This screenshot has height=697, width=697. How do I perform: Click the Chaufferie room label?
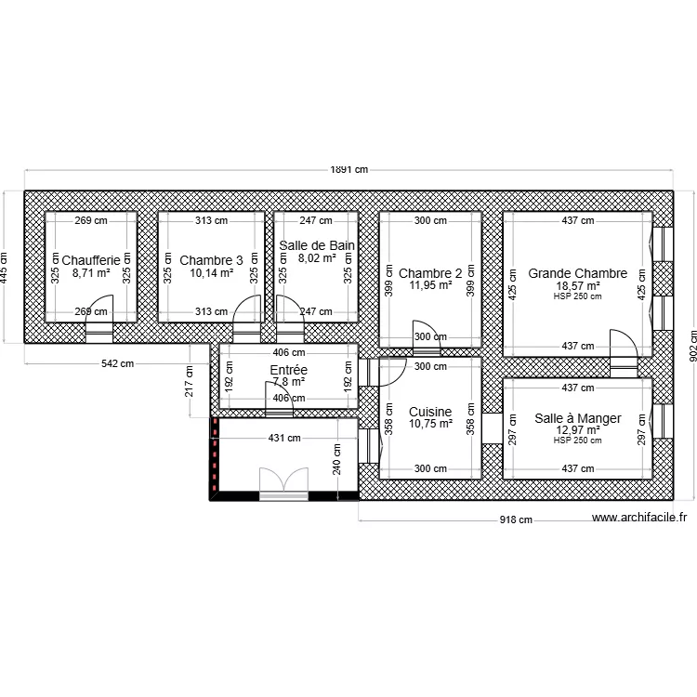tap(91, 260)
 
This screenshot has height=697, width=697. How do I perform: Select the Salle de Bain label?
tap(316, 245)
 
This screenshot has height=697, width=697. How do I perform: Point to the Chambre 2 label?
tap(430, 273)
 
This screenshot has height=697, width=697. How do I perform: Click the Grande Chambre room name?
tap(577, 273)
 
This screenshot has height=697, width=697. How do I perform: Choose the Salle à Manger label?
tap(577, 418)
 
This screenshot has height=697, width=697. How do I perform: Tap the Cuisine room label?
tap(430, 412)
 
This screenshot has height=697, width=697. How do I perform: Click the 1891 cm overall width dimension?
tap(348, 170)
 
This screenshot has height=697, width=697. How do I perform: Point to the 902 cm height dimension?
tap(690, 344)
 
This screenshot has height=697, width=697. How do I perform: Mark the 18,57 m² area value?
tap(577, 286)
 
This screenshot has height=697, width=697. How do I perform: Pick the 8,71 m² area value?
tap(91, 274)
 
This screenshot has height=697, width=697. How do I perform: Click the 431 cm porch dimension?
tap(284, 438)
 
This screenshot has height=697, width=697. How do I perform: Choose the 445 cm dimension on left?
tap(4, 267)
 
